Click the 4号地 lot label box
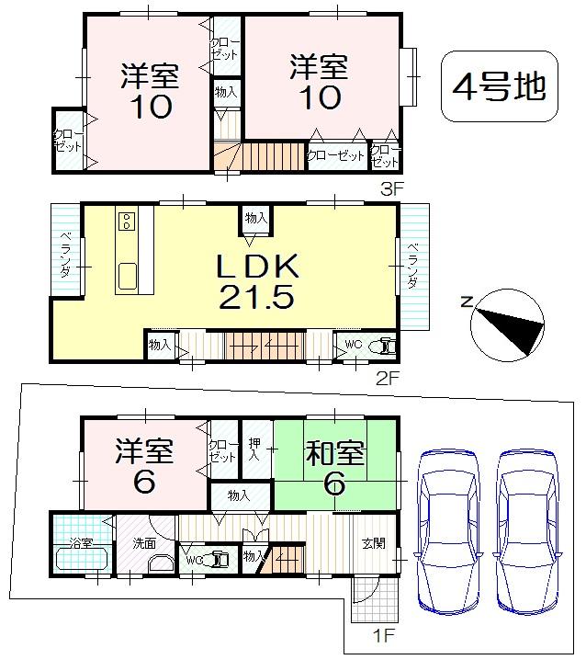pos(500,87)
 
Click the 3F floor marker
pos(392,191)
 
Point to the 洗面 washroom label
pos(136,542)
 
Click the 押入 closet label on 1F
pos(256,450)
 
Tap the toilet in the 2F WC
pos(384,347)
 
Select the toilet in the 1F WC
pos(220,557)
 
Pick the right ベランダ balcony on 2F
pos(412,267)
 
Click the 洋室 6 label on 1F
pos(145,467)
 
